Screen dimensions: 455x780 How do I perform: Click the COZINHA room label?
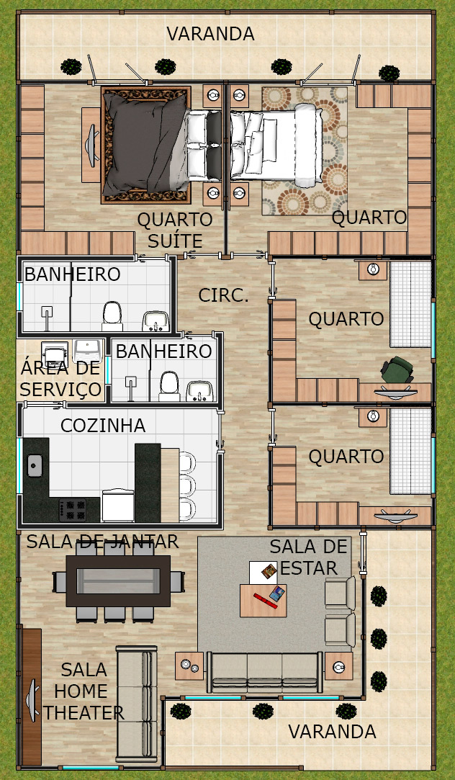tap(103, 426)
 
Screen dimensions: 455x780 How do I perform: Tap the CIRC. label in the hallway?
tap(223, 295)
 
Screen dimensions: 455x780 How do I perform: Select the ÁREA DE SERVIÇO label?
tap(60, 379)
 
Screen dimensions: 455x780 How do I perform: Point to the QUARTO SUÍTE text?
tap(168, 230)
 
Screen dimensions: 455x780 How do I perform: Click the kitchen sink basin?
tap(35, 465)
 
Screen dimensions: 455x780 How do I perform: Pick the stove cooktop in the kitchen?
tap(73, 509)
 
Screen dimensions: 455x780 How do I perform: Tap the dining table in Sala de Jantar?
tap(118, 580)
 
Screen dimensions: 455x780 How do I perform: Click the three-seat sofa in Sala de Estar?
tap(264, 672)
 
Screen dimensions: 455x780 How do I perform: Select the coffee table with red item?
tap(263, 601)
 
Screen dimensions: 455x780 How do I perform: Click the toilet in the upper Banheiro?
tap(112, 316)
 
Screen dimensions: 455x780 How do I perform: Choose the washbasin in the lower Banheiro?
tap(200, 391)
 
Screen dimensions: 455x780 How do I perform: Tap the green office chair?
tap(397, 370)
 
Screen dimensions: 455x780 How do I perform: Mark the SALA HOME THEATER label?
tap(83, 691)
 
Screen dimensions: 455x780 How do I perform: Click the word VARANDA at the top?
tap(210, 34)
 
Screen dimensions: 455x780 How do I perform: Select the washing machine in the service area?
tap(54, 354)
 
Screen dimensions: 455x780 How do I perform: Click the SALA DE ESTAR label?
tap(308, 557)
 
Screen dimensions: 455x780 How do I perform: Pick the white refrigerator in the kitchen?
tap(118, 506)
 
